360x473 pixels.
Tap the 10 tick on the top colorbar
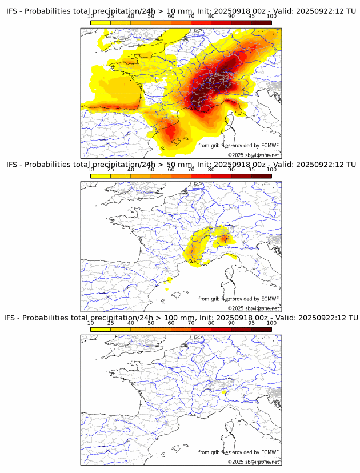point(91,16)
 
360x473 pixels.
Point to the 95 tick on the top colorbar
point(251,16)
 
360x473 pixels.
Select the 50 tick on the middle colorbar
point(151,170)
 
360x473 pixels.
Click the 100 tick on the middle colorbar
point(271,170)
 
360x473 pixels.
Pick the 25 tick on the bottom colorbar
point(111,323)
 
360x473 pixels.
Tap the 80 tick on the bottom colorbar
point(211,323)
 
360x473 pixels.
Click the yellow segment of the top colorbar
point(101,22)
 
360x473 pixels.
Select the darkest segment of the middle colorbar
point(262,176)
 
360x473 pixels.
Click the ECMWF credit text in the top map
point(238,146)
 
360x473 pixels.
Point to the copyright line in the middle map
point(254,308)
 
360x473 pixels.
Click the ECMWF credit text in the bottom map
point(238,452)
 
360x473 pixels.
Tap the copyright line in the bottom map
point(254,462)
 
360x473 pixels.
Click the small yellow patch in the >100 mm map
point(224,392)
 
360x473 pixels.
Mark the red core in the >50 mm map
point(225,238)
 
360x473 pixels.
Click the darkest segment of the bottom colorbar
point(262,329)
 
